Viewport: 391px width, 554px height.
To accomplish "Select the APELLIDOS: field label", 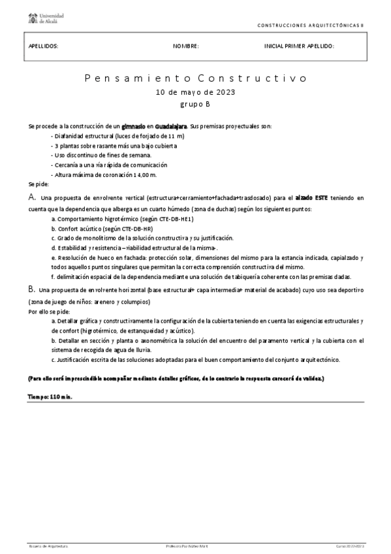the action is pos(44,46).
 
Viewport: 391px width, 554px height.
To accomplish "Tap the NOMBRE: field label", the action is pos(185,46).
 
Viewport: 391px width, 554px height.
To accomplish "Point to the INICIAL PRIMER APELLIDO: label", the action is pos(299,46).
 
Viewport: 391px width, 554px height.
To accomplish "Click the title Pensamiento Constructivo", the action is pos(195,78).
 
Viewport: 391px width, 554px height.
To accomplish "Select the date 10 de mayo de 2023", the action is pos(195,92).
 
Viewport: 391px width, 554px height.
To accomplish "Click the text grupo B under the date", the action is pos(195,104).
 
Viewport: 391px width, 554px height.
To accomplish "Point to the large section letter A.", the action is pos(31,197).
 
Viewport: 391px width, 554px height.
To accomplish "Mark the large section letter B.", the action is pos(31,288).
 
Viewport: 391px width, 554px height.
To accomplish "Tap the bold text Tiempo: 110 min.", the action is pos(50,397).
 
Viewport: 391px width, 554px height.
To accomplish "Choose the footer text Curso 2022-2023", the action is pos(350,545).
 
